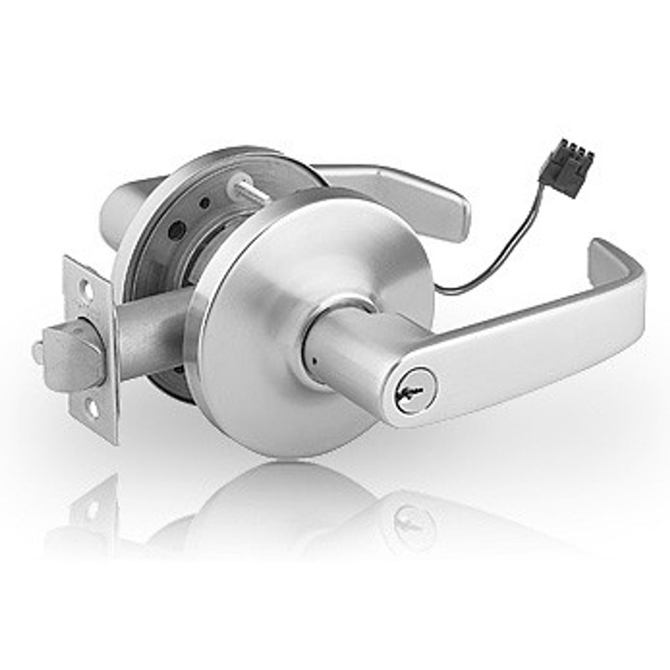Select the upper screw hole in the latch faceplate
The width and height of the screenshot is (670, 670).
click(84, 288)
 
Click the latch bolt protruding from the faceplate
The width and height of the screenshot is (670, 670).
click(72, 355)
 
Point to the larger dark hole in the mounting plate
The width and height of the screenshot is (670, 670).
click(175, 228)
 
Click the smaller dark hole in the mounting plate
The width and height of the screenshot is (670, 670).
click(204, 203)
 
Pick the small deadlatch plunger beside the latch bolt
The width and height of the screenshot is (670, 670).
click(38, 352)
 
